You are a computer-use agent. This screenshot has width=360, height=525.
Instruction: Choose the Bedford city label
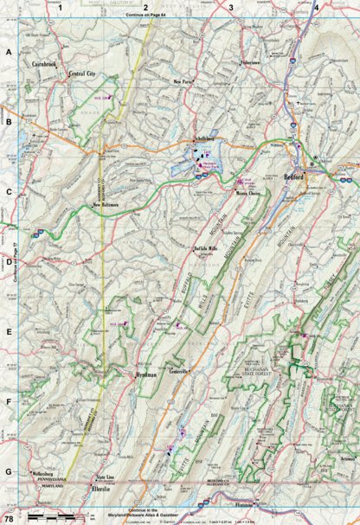tap(295, 175)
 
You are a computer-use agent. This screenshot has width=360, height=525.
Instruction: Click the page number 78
tap(9, 517)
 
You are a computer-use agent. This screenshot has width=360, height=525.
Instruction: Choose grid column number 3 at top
tap(231, 7)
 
